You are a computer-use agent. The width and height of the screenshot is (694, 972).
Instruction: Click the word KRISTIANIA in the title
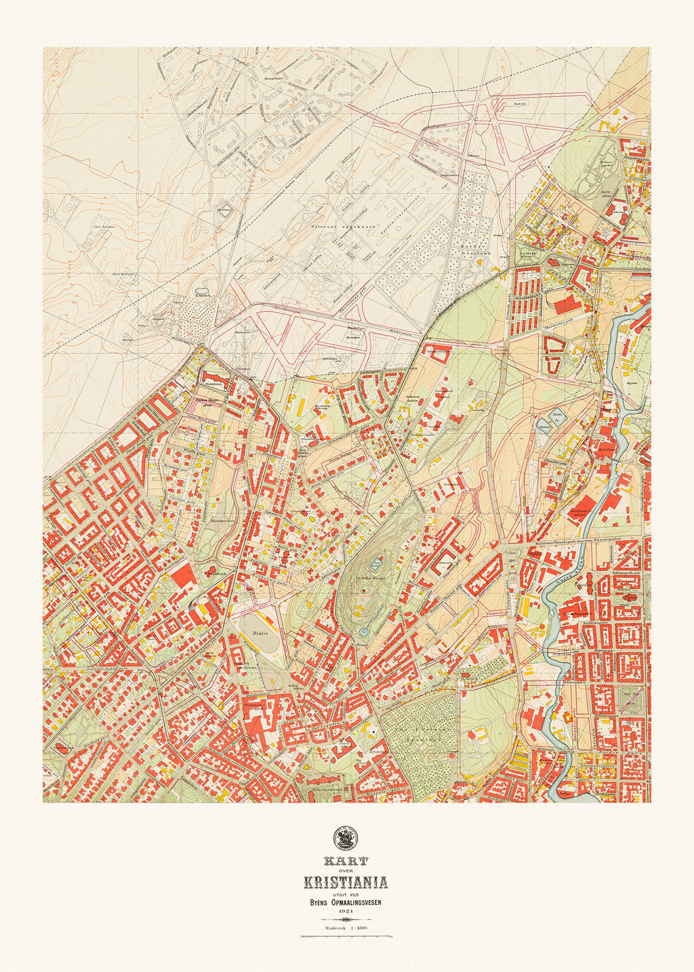click(346, 883)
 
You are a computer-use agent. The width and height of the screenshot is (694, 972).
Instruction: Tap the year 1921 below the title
click(346, 912)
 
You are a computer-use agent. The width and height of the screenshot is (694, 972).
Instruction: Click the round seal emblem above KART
click(346, 838)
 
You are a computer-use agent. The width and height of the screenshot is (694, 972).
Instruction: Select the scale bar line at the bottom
click(346, 937)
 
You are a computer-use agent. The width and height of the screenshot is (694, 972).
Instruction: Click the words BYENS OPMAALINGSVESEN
click(346, 902)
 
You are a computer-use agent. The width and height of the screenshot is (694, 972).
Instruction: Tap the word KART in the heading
click(346, 862)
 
